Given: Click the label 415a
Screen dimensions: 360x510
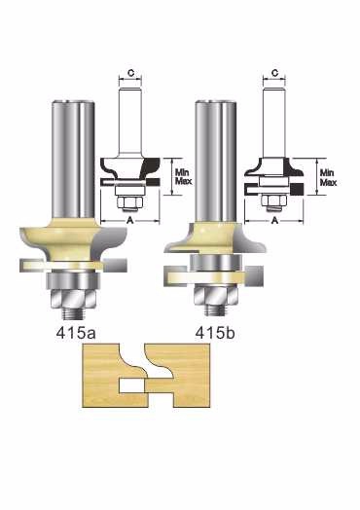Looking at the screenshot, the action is [x=76, y=333].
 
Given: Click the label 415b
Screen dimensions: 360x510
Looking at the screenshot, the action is [x=215, y=333].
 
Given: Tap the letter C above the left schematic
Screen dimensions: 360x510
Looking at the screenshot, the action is [x=130, y=73].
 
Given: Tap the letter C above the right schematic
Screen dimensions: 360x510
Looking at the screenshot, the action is [x=274, y=73].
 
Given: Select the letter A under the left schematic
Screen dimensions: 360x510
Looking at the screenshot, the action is [x=130, y=221].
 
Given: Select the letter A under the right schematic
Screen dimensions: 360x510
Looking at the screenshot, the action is [x=274, y=221].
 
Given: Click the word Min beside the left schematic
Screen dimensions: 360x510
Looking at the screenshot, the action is [x=182, y=172].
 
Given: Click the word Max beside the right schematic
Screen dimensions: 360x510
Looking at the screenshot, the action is [x=328, y=183].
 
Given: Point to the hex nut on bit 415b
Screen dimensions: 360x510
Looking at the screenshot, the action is [x=216, y=295].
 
